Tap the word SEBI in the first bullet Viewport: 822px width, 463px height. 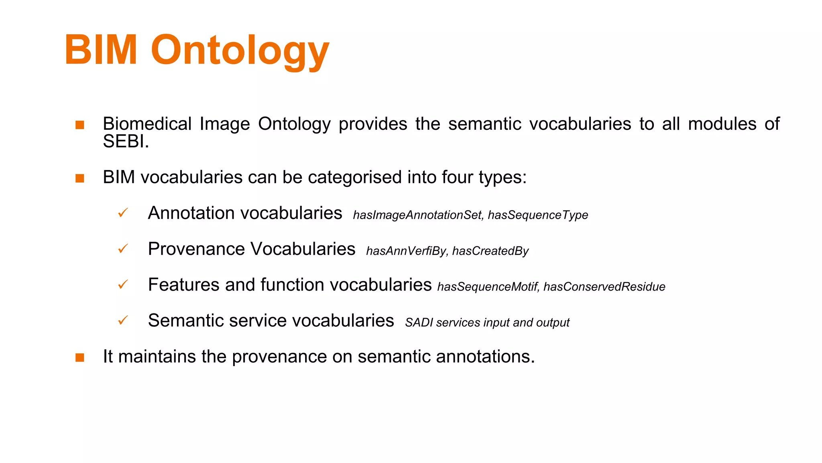[124, 141]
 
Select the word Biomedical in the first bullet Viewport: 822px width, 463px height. [147, 124]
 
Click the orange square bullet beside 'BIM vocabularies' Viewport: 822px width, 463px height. [80, 178]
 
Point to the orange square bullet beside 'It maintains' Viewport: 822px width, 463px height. [80, 357]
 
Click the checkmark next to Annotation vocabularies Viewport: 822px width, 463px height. [123, 213]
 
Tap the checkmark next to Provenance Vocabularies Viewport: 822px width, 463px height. [123, 248]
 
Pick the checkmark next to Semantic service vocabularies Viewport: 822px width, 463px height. [123, 320]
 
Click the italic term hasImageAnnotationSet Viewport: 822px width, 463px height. [417, 215]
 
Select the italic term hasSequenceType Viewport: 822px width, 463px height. [538, 215]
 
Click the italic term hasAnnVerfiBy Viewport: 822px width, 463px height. [406, 251]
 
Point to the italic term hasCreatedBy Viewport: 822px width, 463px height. [490, 251]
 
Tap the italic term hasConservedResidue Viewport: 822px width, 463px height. [604, 287]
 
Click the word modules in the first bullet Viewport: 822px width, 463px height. [722, 124]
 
